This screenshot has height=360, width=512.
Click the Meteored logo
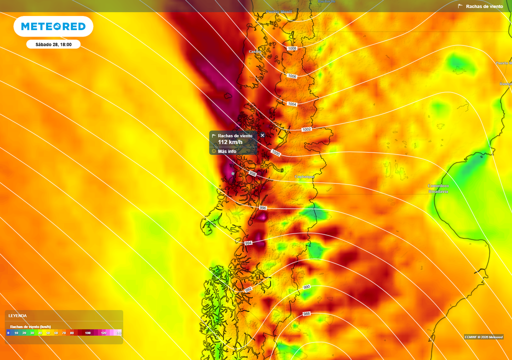tap(53, 26)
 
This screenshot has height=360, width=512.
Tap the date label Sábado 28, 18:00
tap(53, 44)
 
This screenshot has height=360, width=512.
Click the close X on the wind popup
tap(262, 135)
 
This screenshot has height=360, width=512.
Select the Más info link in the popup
tap(227, 151)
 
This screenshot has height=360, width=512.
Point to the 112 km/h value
tap(230, 142)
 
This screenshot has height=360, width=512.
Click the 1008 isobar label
tap(292, 48)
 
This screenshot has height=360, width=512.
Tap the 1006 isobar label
tap(292, 76)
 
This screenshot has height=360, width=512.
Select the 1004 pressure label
tap(292, 104)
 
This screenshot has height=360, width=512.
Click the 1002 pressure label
tap(306, 129)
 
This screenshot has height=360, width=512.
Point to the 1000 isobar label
tap(275, 153)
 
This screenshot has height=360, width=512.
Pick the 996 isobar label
tap(263, 207)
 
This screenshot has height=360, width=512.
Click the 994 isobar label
tap(248, 243)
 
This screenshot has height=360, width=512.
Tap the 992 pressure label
tap(248, 289)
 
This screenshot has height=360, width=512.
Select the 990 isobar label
tap(306, 287)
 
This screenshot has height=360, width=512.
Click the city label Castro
tap(255, 51)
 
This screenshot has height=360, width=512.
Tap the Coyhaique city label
tap(304, 176)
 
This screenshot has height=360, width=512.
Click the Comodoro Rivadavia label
tap(438, 188)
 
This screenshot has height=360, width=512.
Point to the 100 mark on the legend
tap(87, 332)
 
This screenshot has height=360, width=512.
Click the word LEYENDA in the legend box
tap(17, 316)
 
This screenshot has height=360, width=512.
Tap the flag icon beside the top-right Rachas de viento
tap(460, 6)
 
